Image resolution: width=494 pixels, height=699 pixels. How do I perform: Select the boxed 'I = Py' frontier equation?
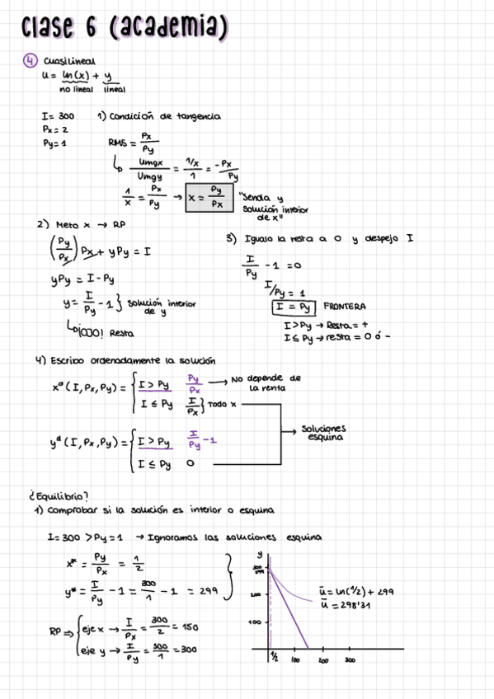click(x=294, y=307)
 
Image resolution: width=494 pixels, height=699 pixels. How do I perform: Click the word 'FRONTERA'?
click(x=345, y=306)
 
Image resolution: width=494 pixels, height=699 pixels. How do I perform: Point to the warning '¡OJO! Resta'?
click(x=103, y=333)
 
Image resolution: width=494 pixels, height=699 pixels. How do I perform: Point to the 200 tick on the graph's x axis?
click(x=323, y=660)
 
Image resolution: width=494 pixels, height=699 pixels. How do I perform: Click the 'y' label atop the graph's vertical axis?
click(x=260, y=555)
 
